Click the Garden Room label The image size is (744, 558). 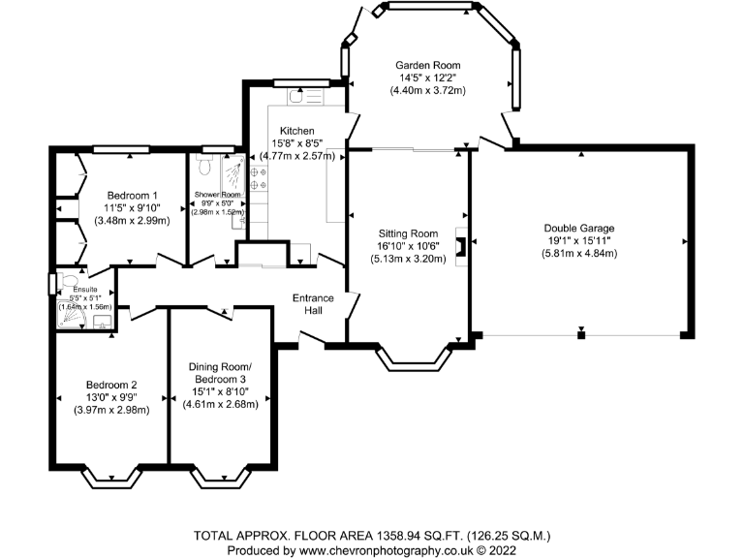click(x=428, y=66)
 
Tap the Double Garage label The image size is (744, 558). click(x=579, y=229)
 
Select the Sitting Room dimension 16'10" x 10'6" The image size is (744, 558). click(x=408, y=246)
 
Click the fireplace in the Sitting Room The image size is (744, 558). click(x=461, y=246)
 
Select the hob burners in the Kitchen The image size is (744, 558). click(x=259, y=178)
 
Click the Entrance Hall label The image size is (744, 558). click(x=313, y=304)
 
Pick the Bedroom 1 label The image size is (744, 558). click(x=133, y=196)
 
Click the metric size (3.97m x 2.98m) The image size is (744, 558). click(x=111, y=410)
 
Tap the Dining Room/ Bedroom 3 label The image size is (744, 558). click(x=220, y=373)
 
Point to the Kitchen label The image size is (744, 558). click(x=297, y=131)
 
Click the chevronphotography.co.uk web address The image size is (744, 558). click(x=387, y=550)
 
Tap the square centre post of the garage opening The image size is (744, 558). click(x=581, y=335)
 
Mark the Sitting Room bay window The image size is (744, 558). click(x=414, y=358)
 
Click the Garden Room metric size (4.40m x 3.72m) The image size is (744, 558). click(x=427, y=90)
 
